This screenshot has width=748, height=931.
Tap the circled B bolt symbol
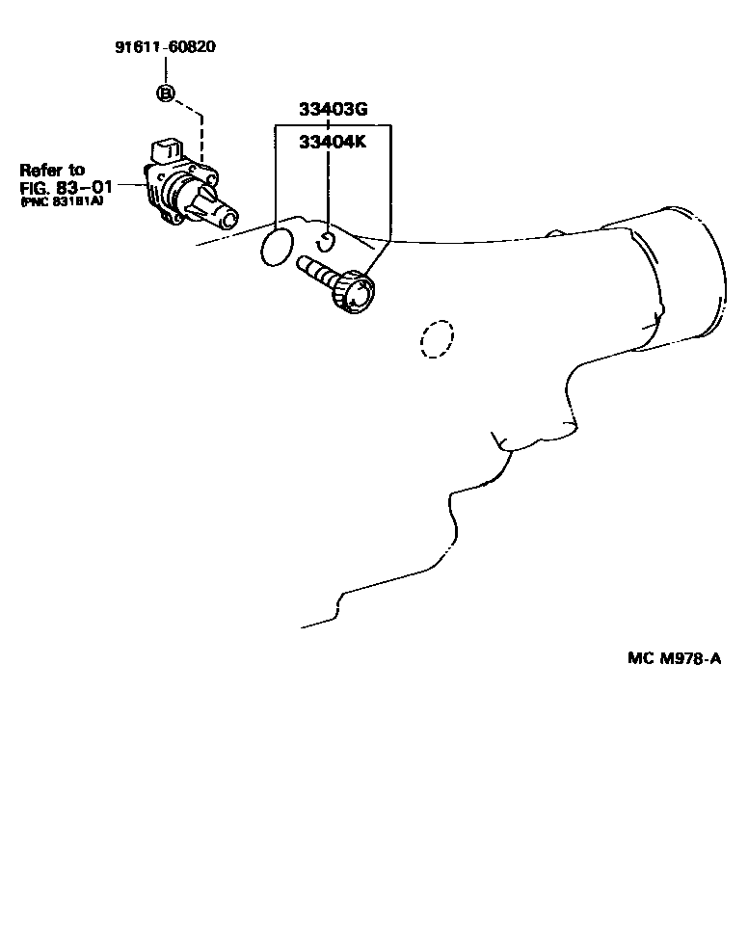166,93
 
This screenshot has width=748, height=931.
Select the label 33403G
333,109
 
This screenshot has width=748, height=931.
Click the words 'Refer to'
52,170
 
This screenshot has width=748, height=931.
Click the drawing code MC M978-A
674,659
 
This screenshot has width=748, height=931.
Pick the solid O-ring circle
277,247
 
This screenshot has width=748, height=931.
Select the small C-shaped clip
327,241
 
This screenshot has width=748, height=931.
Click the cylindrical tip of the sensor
227,217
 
